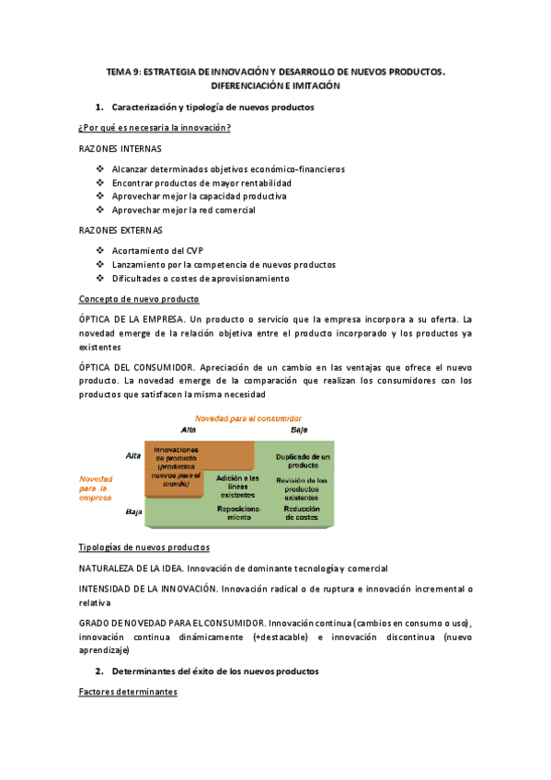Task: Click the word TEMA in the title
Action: click(x=119, y=71)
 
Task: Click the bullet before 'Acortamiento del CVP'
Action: click(x=100, y=251)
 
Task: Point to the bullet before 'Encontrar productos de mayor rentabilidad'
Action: click(x=100, y=183)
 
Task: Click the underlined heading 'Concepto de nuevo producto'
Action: click(x=139, y=299)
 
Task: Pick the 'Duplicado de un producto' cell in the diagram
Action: click(x=302, y=461)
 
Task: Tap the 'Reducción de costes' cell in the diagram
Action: click(x=302, y=512)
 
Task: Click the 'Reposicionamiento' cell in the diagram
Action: click(x=239, y=512)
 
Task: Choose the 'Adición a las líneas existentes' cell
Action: click(x=238, y=485)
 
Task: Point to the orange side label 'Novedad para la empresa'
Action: click(x=96, y=487)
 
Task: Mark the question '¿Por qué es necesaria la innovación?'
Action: click(x=155, y=128)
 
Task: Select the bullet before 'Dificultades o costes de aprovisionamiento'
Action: click(x=100, y=279)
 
